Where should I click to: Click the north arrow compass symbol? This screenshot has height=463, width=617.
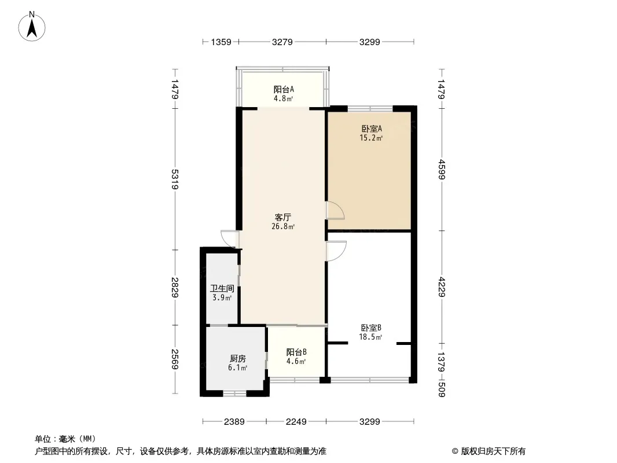point(32,26)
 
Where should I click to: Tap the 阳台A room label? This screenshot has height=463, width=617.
point(284,93)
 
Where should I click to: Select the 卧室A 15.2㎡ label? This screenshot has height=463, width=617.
point(371,133)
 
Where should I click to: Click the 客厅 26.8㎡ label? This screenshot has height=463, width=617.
point(283,222)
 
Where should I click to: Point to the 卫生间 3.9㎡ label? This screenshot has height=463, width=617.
point(222,293)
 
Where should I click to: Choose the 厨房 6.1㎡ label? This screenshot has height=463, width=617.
point(238,363)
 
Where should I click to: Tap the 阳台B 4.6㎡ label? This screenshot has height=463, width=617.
point(296,357)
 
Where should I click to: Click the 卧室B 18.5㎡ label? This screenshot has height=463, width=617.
point(371,332)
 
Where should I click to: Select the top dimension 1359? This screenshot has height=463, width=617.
point(221,42)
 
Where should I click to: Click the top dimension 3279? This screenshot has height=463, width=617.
point(282,42)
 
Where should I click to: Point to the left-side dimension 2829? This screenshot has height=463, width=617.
point(174,288)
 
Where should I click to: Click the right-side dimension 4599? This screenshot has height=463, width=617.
point(442,170)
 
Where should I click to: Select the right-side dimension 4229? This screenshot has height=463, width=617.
point(442,287)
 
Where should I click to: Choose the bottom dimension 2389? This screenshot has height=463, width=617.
point(235,422)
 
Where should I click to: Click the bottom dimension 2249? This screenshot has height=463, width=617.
point(296,422)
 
